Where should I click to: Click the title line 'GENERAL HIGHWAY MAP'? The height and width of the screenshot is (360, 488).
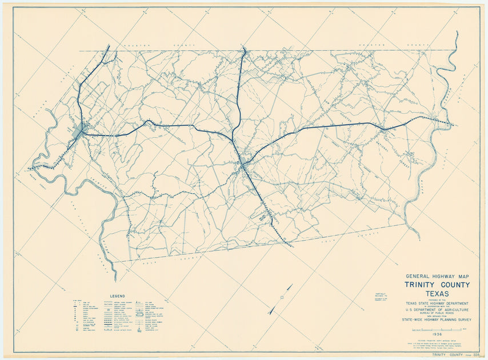[x=437, y=276]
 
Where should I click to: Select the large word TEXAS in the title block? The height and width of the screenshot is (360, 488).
[x=437, y=294]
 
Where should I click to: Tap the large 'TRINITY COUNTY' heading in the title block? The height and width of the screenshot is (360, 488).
[x=437, y=285]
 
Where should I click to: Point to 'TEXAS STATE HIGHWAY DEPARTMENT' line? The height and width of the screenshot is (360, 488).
[x=437, y=303]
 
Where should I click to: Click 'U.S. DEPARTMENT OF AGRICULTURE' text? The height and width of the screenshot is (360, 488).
[x=437, y=311]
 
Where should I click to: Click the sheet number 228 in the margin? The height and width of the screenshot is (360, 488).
[x=473, y=355]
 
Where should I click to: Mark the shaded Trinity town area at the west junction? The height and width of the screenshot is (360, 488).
[x=78, y=131]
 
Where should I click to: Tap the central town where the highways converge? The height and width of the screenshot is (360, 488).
[x=244, y=165]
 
